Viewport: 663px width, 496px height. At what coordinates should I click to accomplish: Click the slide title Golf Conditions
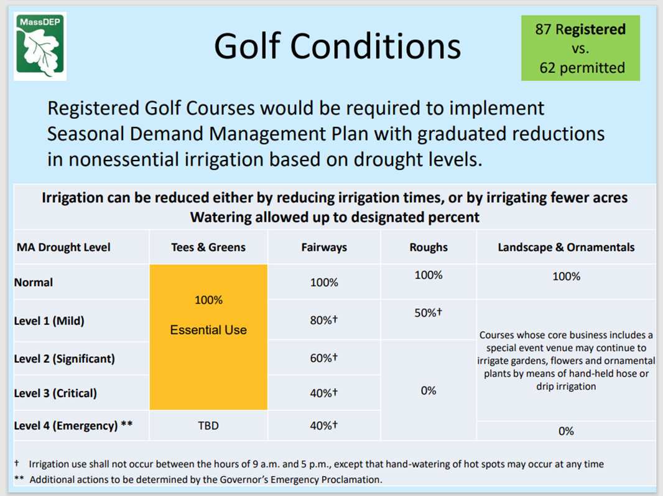337,47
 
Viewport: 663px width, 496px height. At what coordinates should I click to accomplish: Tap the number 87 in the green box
544,29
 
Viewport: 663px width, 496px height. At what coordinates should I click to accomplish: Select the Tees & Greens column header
208,247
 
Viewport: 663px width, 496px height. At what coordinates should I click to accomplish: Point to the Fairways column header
324,247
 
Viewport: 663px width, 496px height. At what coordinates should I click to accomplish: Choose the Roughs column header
429,247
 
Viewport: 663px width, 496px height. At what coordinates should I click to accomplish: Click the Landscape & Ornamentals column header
566,247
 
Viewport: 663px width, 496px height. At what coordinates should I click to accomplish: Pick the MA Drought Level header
63,247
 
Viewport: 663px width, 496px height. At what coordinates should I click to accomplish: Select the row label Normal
34,283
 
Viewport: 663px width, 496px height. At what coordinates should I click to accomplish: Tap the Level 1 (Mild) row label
49,321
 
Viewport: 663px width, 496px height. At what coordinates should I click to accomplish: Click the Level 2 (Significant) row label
65,359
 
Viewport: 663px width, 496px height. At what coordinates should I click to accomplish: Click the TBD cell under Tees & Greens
208,426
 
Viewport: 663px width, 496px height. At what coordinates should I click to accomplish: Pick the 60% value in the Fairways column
324,358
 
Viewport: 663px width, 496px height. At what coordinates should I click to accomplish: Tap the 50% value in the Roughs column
428,313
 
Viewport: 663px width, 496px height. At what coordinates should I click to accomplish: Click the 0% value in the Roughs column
429,391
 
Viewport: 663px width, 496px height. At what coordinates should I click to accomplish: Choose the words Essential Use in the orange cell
208,330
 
